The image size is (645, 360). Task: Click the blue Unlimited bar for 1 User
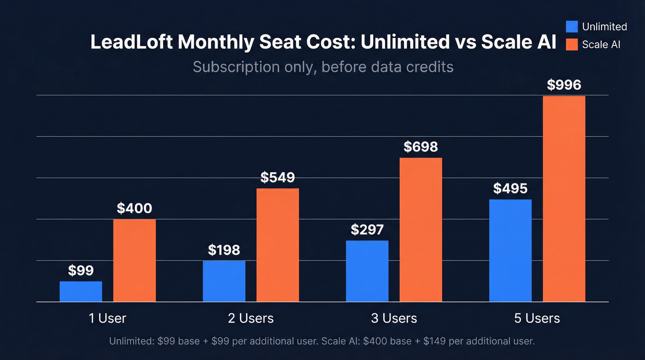[x=81, y=291]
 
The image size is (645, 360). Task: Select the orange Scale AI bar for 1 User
[x=135, y=260]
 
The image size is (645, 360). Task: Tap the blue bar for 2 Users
[x=224, y=281]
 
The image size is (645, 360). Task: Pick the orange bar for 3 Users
[x=421, y=230]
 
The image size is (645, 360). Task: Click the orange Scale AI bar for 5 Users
[x=564, y=199]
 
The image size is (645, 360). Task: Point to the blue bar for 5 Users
[x=510, y=250]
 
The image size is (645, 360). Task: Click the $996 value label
[x=564, y=85]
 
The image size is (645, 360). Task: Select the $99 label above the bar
[x=81, y=271]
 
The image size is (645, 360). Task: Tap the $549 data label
[x=277, y=177]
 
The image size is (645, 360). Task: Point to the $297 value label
[x=367, y=230]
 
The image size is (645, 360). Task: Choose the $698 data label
[x=421, y=147]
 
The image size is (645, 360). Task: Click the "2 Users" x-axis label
[x=251, y=318]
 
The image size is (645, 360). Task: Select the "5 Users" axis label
[x=537, y=318]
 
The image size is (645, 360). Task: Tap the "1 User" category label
[x=107, y=318]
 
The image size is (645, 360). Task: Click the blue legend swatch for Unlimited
[x=572, y=27]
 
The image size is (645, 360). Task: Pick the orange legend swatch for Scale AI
[x=572, y=44]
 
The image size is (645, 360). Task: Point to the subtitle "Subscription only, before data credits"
[x=323, y=67]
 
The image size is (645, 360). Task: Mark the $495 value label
[x=510, y=189]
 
